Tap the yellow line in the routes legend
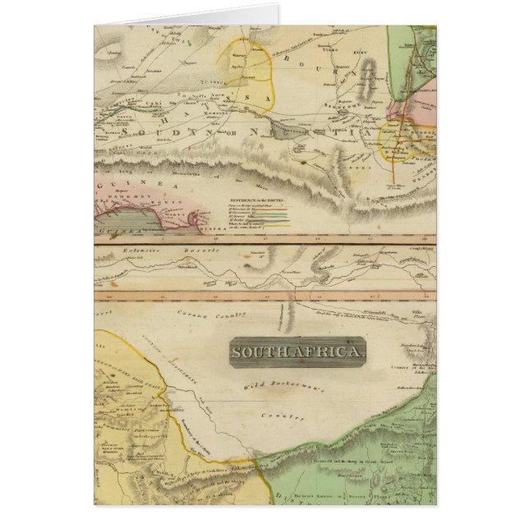tap(274, 213)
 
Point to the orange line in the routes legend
tap(274, 217)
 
